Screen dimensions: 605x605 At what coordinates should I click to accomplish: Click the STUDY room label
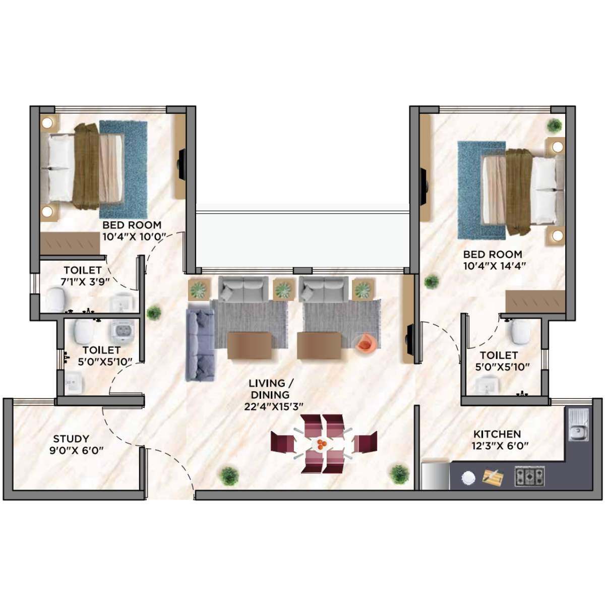(x=71, y=439)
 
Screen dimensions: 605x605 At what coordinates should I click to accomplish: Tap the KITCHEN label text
(x=497, y=434)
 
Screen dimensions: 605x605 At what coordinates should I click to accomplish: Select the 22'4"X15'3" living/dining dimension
(x=273, y=407)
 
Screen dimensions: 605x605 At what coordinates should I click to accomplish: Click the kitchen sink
(x=578, y=425)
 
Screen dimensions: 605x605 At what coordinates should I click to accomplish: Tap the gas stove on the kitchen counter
(x=529, y=476)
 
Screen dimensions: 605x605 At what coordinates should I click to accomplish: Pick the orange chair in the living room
(x=365, y=343)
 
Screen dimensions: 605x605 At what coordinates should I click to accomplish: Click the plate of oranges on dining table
(x=321, y=444)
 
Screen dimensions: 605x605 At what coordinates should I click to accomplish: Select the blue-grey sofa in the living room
(x=201, y=344)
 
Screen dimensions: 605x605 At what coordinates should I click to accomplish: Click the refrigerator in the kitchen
(x=435, y=474)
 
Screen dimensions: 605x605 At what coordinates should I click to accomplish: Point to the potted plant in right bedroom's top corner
(x=554, y=125)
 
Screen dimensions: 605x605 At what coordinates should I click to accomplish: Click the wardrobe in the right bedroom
(x=535, y=301)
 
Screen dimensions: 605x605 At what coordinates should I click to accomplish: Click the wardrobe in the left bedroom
(x=70, y=244)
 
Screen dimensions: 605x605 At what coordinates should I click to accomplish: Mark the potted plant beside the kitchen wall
(x=399, y=473)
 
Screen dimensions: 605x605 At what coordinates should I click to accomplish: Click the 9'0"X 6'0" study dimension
(x=76, y=450)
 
